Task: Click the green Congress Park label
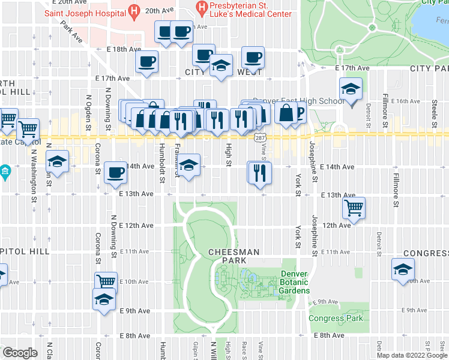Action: pos(336,318)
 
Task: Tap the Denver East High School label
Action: pos(299,101)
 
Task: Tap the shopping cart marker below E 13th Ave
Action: pos(354,208)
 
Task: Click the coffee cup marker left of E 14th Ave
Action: pos(115,173)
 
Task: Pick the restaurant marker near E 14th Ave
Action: pos(260,173)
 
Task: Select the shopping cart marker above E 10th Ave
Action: pos(106,281)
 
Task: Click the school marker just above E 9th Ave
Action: pos(104,298)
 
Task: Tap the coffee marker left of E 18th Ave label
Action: pos(146,61)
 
